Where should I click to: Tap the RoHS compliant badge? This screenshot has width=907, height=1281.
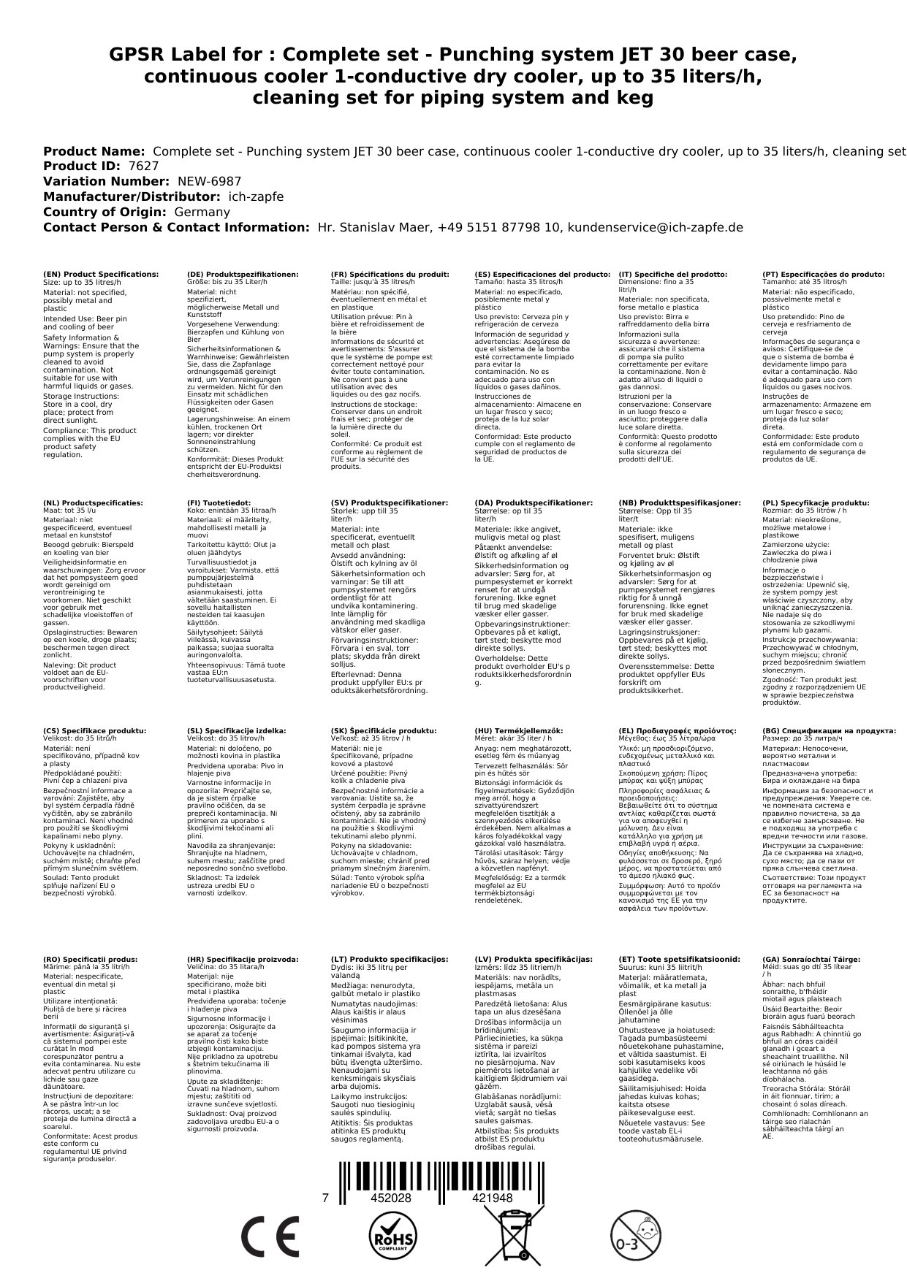click(x=392, y=1236)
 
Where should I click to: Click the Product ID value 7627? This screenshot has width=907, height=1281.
click(x=143, y=167)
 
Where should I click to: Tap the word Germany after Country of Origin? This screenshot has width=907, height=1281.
click(x=202, y=212)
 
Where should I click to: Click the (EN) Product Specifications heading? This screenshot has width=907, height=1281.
click(x=101, y=275)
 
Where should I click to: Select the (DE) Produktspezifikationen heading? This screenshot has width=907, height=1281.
click(x=243, y=275)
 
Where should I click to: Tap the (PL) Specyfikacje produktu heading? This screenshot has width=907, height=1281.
click(x=816, y=503)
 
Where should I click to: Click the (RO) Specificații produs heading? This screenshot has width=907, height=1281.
click(x=91, y=960)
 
